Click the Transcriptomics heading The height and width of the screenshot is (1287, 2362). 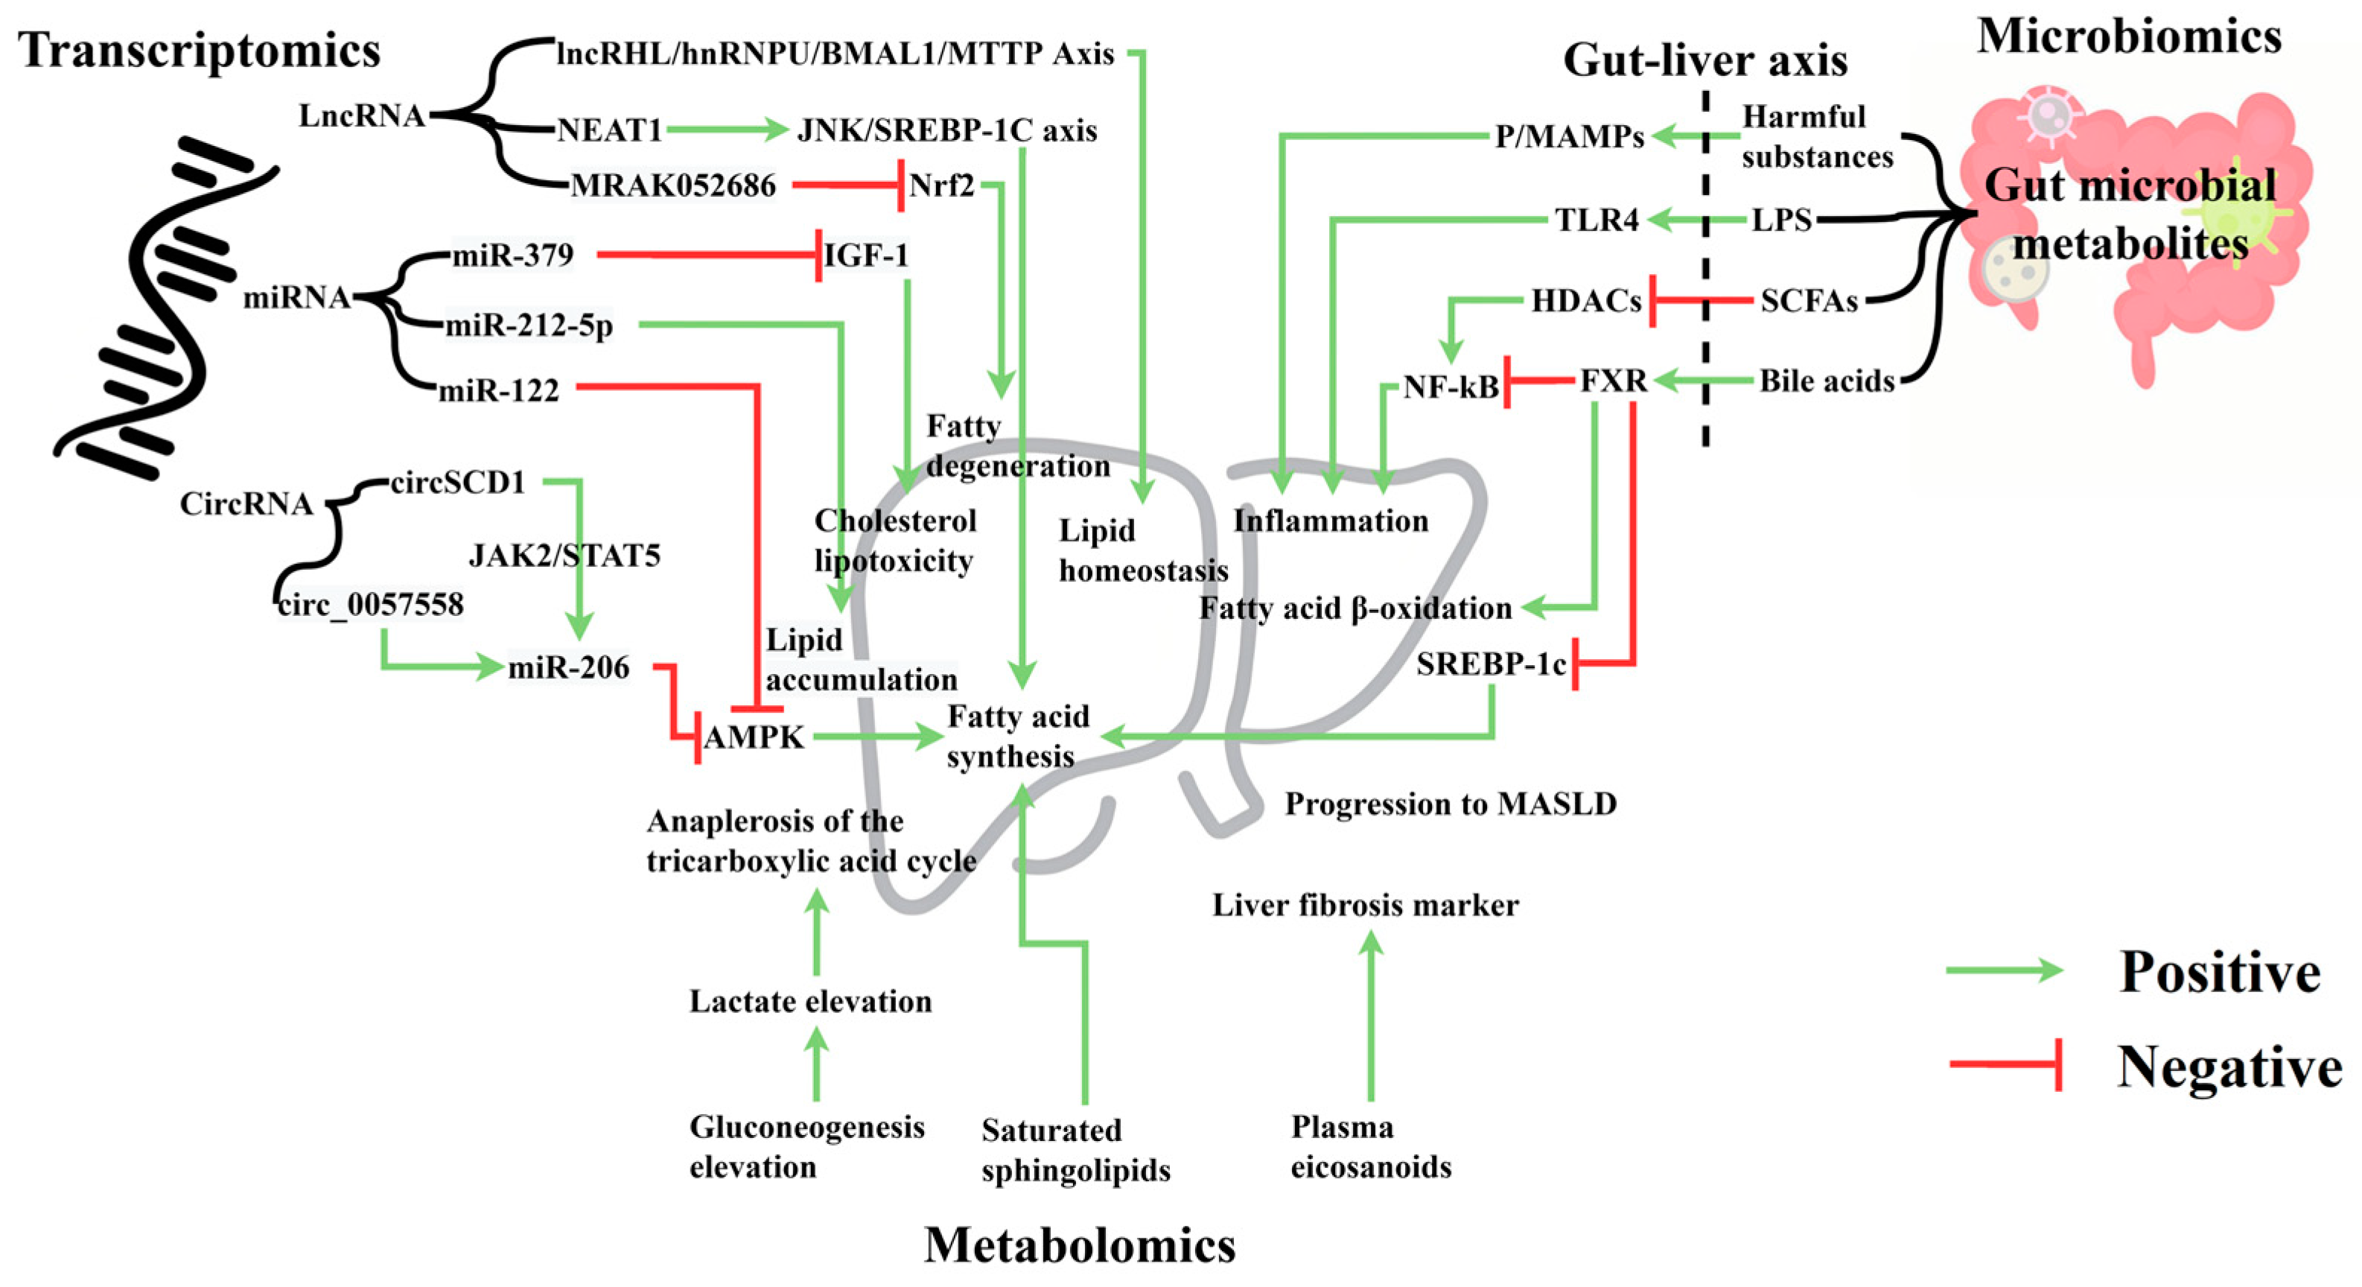(x=199, y=51)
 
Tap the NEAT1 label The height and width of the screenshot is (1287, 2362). (x=610, y=130)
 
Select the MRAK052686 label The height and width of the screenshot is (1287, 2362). (x=673, y=186)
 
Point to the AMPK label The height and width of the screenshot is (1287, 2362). (x=754, y=737)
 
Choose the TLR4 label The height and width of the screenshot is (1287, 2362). (x=1597, y=220)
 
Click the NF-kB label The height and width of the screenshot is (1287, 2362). (x=1451, y=387)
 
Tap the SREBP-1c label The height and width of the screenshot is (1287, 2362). (x=1491, y=663)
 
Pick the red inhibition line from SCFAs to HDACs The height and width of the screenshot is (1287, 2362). (x=1701, y=300)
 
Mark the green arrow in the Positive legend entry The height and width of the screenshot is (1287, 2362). (x=2005, y=970)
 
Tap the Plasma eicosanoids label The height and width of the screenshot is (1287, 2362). (x=1370, y=1147)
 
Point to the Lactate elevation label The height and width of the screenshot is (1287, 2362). (x=811, y=1001)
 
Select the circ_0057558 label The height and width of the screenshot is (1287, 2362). (x=370, y=605)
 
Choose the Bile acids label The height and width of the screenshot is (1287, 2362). (x=1827, y=381)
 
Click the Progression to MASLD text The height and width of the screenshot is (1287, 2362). (x=1450, y=804)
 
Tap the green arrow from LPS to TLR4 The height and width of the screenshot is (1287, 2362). (x=1696, y=220)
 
